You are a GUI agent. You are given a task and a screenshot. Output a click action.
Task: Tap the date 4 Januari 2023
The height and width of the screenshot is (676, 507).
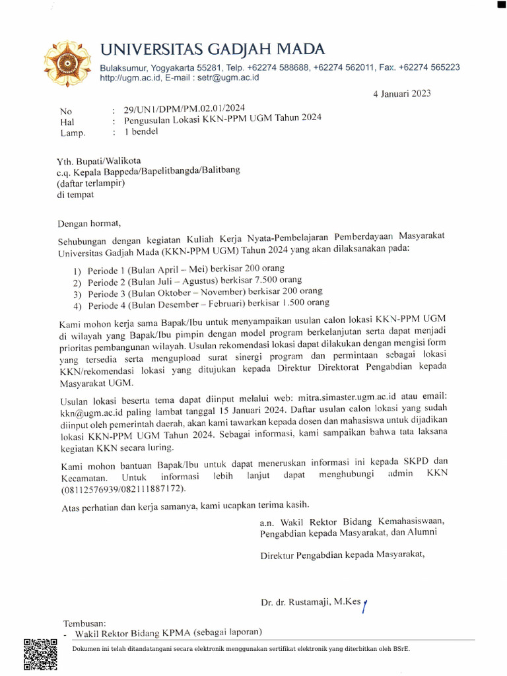(x=401, y=94)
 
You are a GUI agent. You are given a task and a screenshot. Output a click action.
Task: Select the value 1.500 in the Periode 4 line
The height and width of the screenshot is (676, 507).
(x=292, y=303)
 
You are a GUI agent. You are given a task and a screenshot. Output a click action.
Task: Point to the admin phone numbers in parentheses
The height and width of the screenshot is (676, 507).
(x=123, y=489)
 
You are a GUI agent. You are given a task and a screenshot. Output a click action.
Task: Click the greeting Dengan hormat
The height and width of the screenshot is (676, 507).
(x=89, y=223)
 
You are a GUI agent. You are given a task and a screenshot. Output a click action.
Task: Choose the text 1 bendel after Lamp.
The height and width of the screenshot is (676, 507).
(x=141, y=131)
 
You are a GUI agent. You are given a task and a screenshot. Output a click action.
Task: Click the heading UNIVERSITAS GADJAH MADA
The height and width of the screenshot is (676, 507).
(x=213, y=49)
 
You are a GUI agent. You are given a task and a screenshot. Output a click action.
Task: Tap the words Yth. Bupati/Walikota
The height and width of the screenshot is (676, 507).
(x=98, y=160)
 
